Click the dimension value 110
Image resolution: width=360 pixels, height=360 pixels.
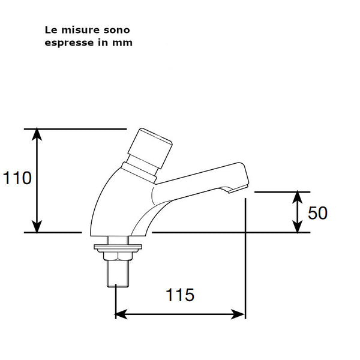tap(17, 178)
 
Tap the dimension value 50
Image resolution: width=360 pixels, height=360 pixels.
tap(317, 212)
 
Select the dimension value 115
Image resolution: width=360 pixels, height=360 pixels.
tap(180, 295)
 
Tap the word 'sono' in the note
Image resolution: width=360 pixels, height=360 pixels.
tap(116, 29)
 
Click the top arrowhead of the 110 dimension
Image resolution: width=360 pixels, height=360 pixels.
tap(37, 133)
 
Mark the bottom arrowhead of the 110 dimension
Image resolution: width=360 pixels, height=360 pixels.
tap(37, 227)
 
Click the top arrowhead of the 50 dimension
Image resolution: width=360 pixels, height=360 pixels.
tap(298, 196)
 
